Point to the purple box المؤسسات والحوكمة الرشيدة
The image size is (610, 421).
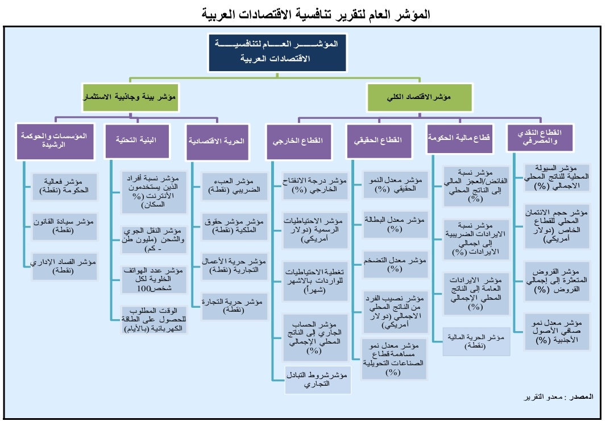[x=55, y=140]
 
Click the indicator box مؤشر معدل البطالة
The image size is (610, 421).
[x=394, y=224]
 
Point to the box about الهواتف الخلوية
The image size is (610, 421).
[x=146, y=279]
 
